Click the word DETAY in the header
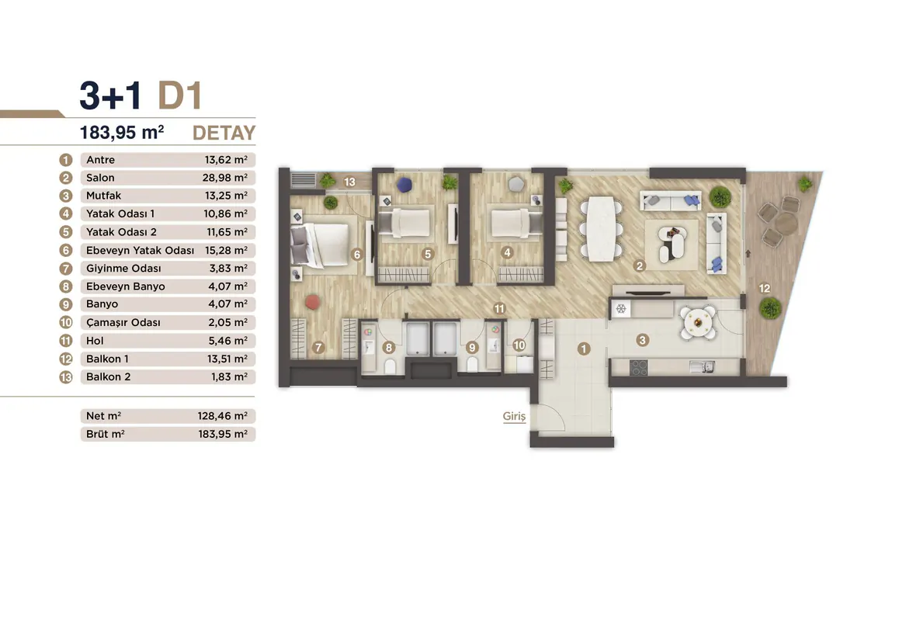coord(224,133)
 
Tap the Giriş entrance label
coord(514,416)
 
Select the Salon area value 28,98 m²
coord(225,178)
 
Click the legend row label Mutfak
coord(104,196)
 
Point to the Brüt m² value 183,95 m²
coord(223,434)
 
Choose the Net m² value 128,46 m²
coord(223,416)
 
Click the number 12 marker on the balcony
coord(764,289)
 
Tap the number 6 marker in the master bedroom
coord(357,255)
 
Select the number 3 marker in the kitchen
coord(642,340)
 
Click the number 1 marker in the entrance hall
coord(584,349)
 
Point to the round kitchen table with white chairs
coord(698,323)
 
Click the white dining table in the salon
coord(601,229)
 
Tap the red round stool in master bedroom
coord(312,302)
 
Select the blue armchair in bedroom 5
coord(404,185)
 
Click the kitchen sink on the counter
coord(703,366)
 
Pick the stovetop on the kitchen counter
coord(639,367)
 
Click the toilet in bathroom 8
coord(390,366)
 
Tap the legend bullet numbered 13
coord(66,376)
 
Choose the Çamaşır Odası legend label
coord(123,322)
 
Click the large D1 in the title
coord(179,95)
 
